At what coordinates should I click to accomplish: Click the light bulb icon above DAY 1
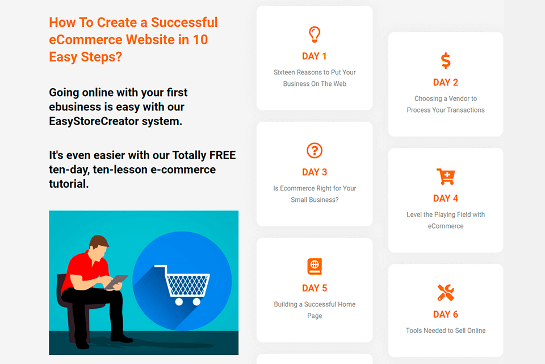coord(315,34)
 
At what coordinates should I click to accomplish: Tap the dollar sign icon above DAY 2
coord(446,60)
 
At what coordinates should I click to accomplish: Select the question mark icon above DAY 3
coord(315,150)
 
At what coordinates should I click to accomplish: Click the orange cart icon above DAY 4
coord(446,176)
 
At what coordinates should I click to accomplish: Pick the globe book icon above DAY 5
coord(315,266)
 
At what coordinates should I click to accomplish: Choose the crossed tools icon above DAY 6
coord(446,292)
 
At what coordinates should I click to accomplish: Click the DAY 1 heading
coord(315,56)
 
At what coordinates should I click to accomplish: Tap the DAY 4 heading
coord(446,198)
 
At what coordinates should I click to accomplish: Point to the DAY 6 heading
coord(446,315)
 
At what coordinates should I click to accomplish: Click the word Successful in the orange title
coord(185,23)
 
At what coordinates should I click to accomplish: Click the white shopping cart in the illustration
coord(182,284)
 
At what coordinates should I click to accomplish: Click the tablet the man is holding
coord(118,280)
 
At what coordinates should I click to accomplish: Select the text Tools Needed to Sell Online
coord(446,330)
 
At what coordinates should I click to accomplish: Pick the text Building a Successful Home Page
coord(315,310)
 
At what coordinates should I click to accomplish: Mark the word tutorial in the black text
coord(69,184)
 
